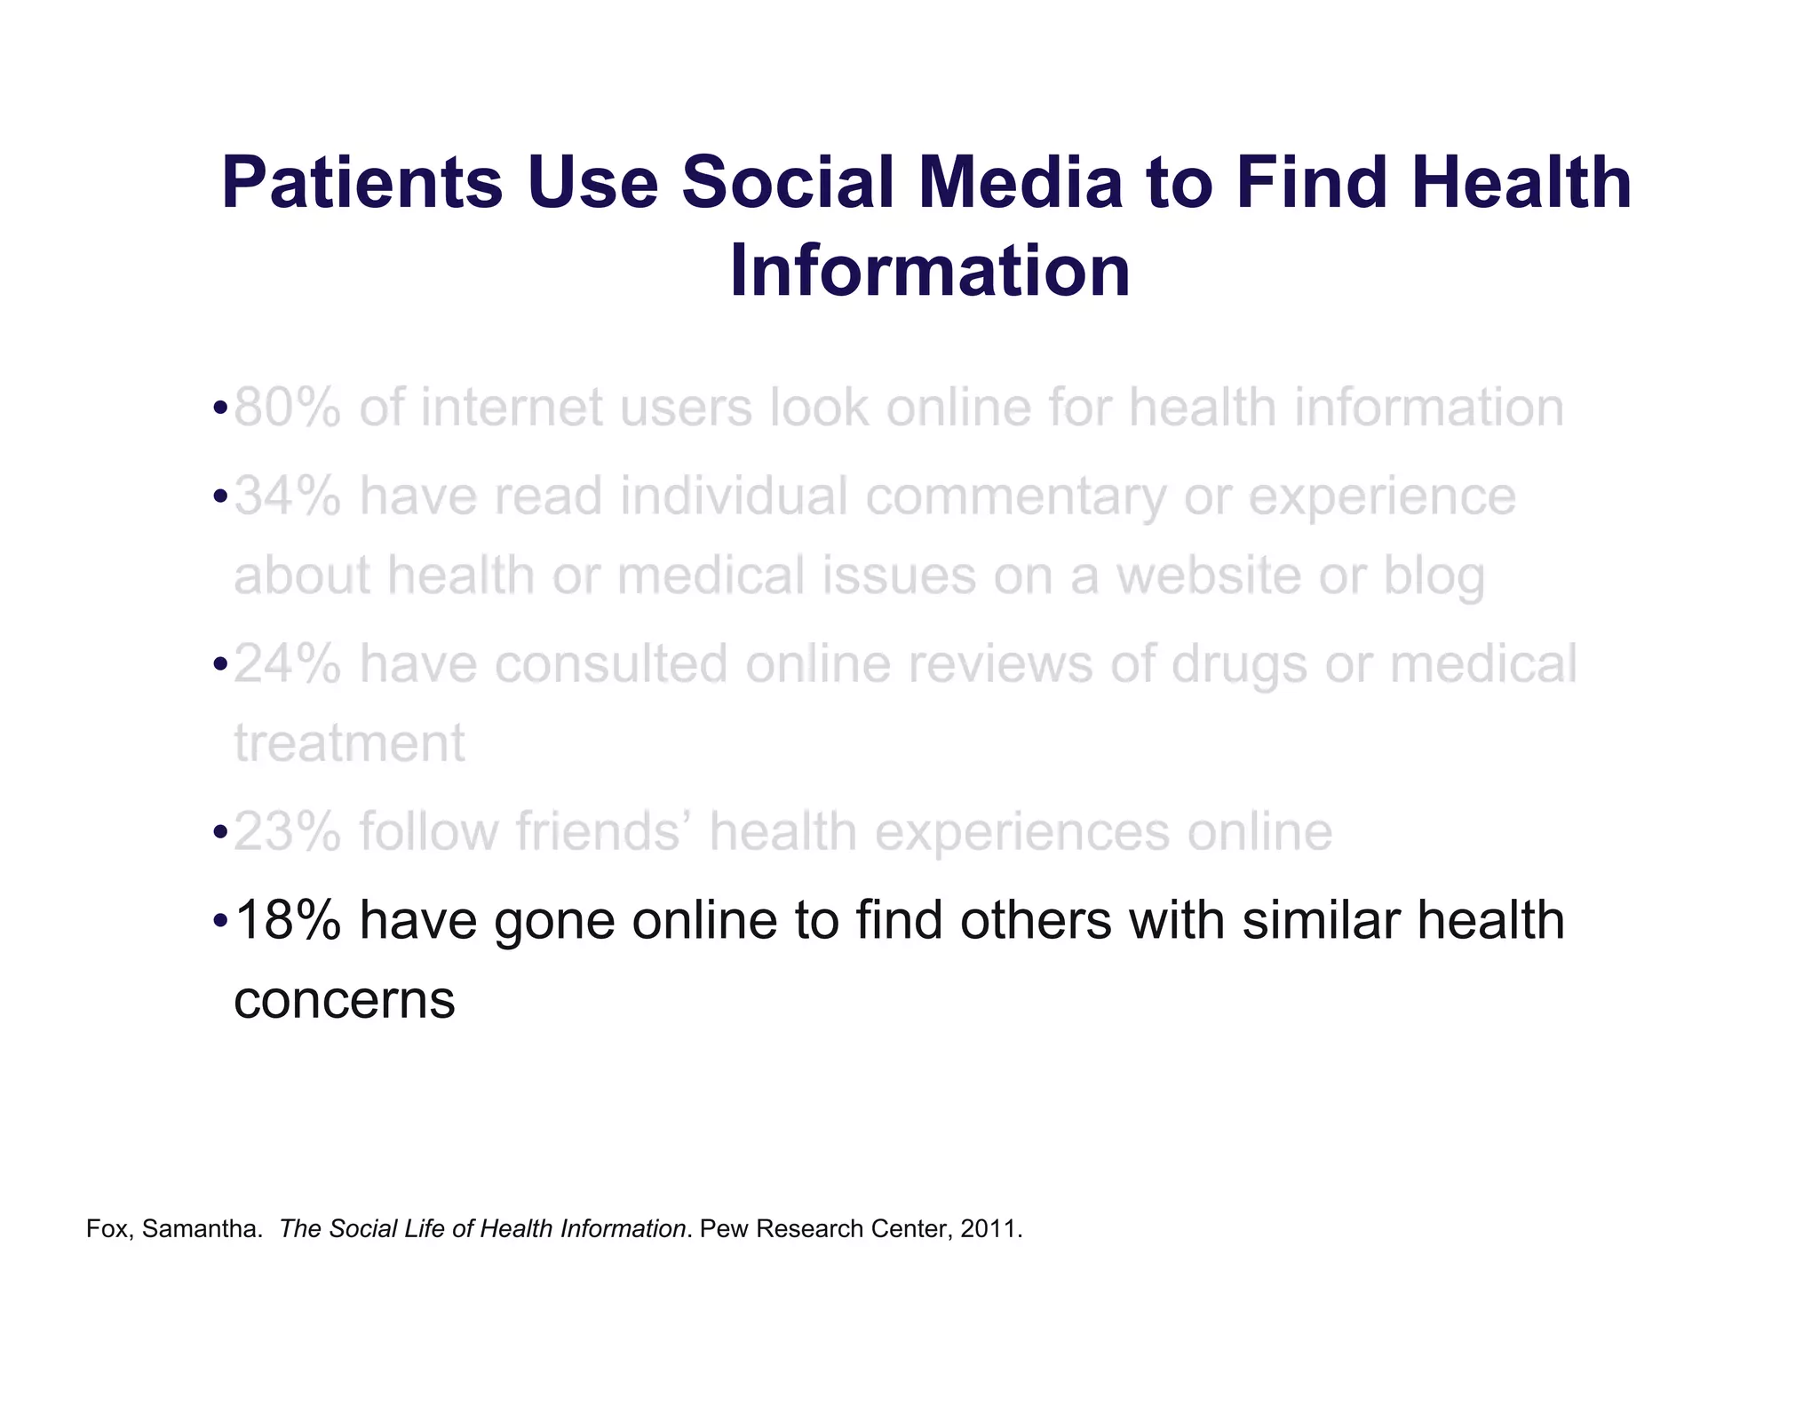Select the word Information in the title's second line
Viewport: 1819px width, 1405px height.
point(930,271)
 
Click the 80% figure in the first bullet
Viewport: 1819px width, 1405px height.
point(288,408)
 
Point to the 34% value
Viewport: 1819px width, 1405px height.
point(288,496)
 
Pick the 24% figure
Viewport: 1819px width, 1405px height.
point(288,663)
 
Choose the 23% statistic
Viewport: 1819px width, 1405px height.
point(288,832)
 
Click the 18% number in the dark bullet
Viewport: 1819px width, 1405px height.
point(288,920)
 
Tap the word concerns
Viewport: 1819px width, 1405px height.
point(345,1001)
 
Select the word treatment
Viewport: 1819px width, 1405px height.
point(349,743)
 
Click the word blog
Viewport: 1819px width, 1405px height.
point(1434,576)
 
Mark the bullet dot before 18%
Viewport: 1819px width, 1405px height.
point(220,920)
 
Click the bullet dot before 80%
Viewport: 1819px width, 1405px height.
point(220,409)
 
